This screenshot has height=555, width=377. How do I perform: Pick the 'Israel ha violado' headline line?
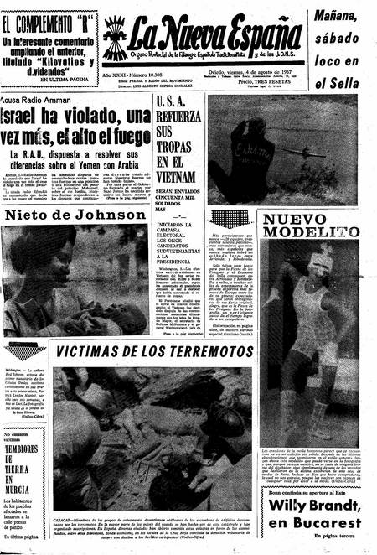point(67,117)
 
